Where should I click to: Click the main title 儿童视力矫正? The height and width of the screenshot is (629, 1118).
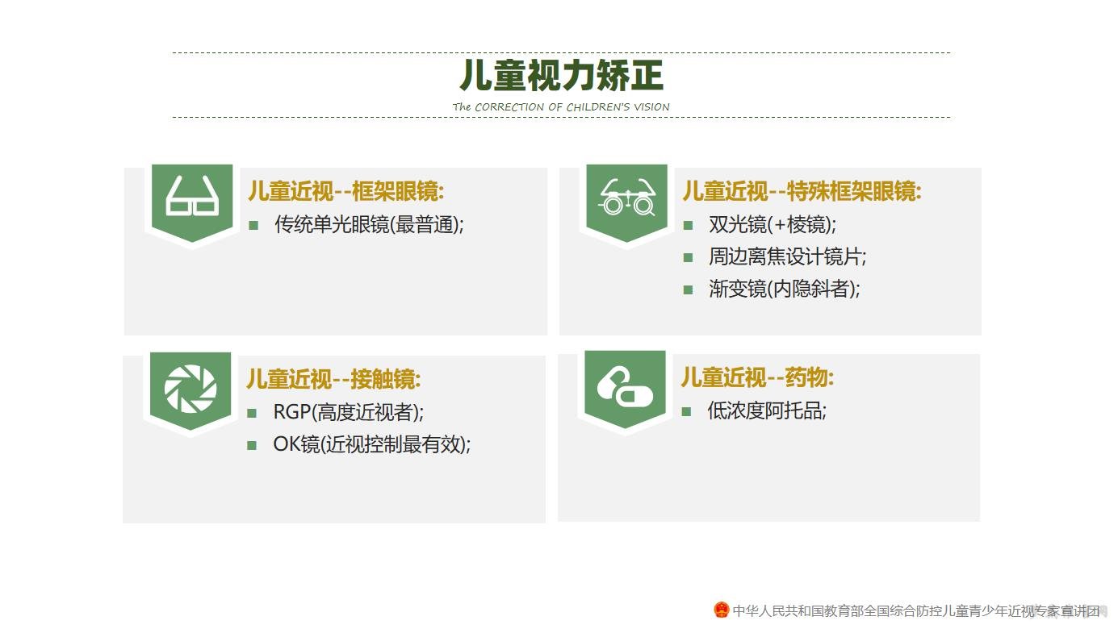(561, 76)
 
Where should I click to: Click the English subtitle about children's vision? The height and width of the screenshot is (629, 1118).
(561, 107)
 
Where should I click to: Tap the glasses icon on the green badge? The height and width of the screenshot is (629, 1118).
(192, 197)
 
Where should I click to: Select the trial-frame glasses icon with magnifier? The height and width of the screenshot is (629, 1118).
(627, 198)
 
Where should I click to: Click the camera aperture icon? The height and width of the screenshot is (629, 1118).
(191, 389)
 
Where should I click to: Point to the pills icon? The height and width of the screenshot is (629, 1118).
(624, 387)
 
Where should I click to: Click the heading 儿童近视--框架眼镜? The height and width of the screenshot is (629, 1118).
(345, 191)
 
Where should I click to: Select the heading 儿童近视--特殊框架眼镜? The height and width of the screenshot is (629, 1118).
(802, 191)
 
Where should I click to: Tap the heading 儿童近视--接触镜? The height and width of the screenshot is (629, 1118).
(333, 379)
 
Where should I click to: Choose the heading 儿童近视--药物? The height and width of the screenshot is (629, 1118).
(757, 377)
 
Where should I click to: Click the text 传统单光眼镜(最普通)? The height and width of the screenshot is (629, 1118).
(370, 225)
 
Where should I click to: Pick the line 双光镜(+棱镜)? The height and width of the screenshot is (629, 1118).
(773, 225)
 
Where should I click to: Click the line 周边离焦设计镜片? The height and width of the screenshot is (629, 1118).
(788, 257)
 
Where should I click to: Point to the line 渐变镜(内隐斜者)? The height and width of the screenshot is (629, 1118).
(785, 289)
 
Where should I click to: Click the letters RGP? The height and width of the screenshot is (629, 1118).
(292, 412)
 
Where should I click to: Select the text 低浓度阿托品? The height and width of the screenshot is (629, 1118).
(767, 410)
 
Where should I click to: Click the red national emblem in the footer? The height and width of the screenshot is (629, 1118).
(721, 610)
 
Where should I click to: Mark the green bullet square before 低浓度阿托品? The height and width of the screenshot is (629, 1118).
(686, 412)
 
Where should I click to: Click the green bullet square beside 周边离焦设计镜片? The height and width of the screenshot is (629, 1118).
(688, 258)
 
